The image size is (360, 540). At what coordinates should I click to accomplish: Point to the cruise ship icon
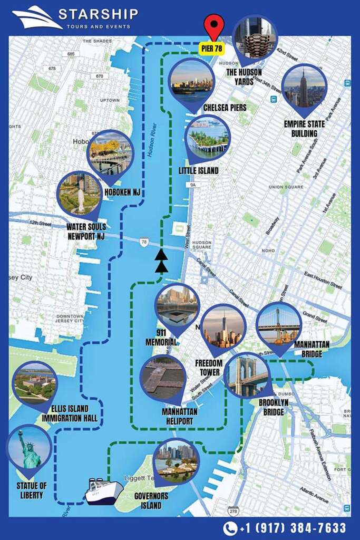pyautogui.click(x=104, y=491)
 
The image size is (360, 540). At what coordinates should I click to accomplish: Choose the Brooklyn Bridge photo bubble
pyautogui.click(x=246, y=374)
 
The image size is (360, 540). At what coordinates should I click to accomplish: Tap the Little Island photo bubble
pyautogui.click(x=208, y=137)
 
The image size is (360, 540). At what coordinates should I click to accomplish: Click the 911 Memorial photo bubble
pyautogui.click(x=178, y=306)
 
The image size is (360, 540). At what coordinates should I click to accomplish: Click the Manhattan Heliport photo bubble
pyautogui.click(x=163, y=378)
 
